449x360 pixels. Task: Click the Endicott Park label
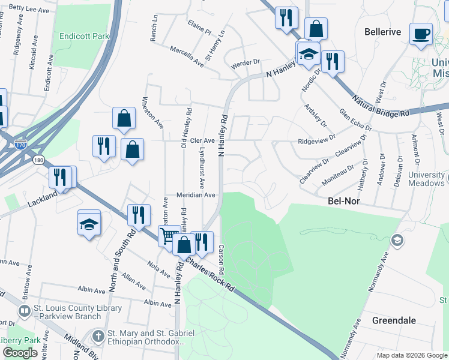(x=85, y=36)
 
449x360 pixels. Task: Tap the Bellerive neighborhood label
(x=382, y=31)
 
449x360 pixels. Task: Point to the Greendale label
(x=394, y=320)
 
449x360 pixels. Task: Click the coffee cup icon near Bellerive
(x=421, y=33)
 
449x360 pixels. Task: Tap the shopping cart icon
(x=169, y=236)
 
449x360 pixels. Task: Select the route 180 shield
(x=39, y=160)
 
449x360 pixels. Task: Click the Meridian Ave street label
(x=195, y=195)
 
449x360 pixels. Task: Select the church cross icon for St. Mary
(x=99, y=334)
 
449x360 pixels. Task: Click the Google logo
(x=20, y=353)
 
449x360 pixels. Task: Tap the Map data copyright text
(x=412, y=355)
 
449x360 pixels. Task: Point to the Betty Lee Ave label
(x=24, y=9)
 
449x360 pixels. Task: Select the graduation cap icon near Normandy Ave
(x=396, y=240)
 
